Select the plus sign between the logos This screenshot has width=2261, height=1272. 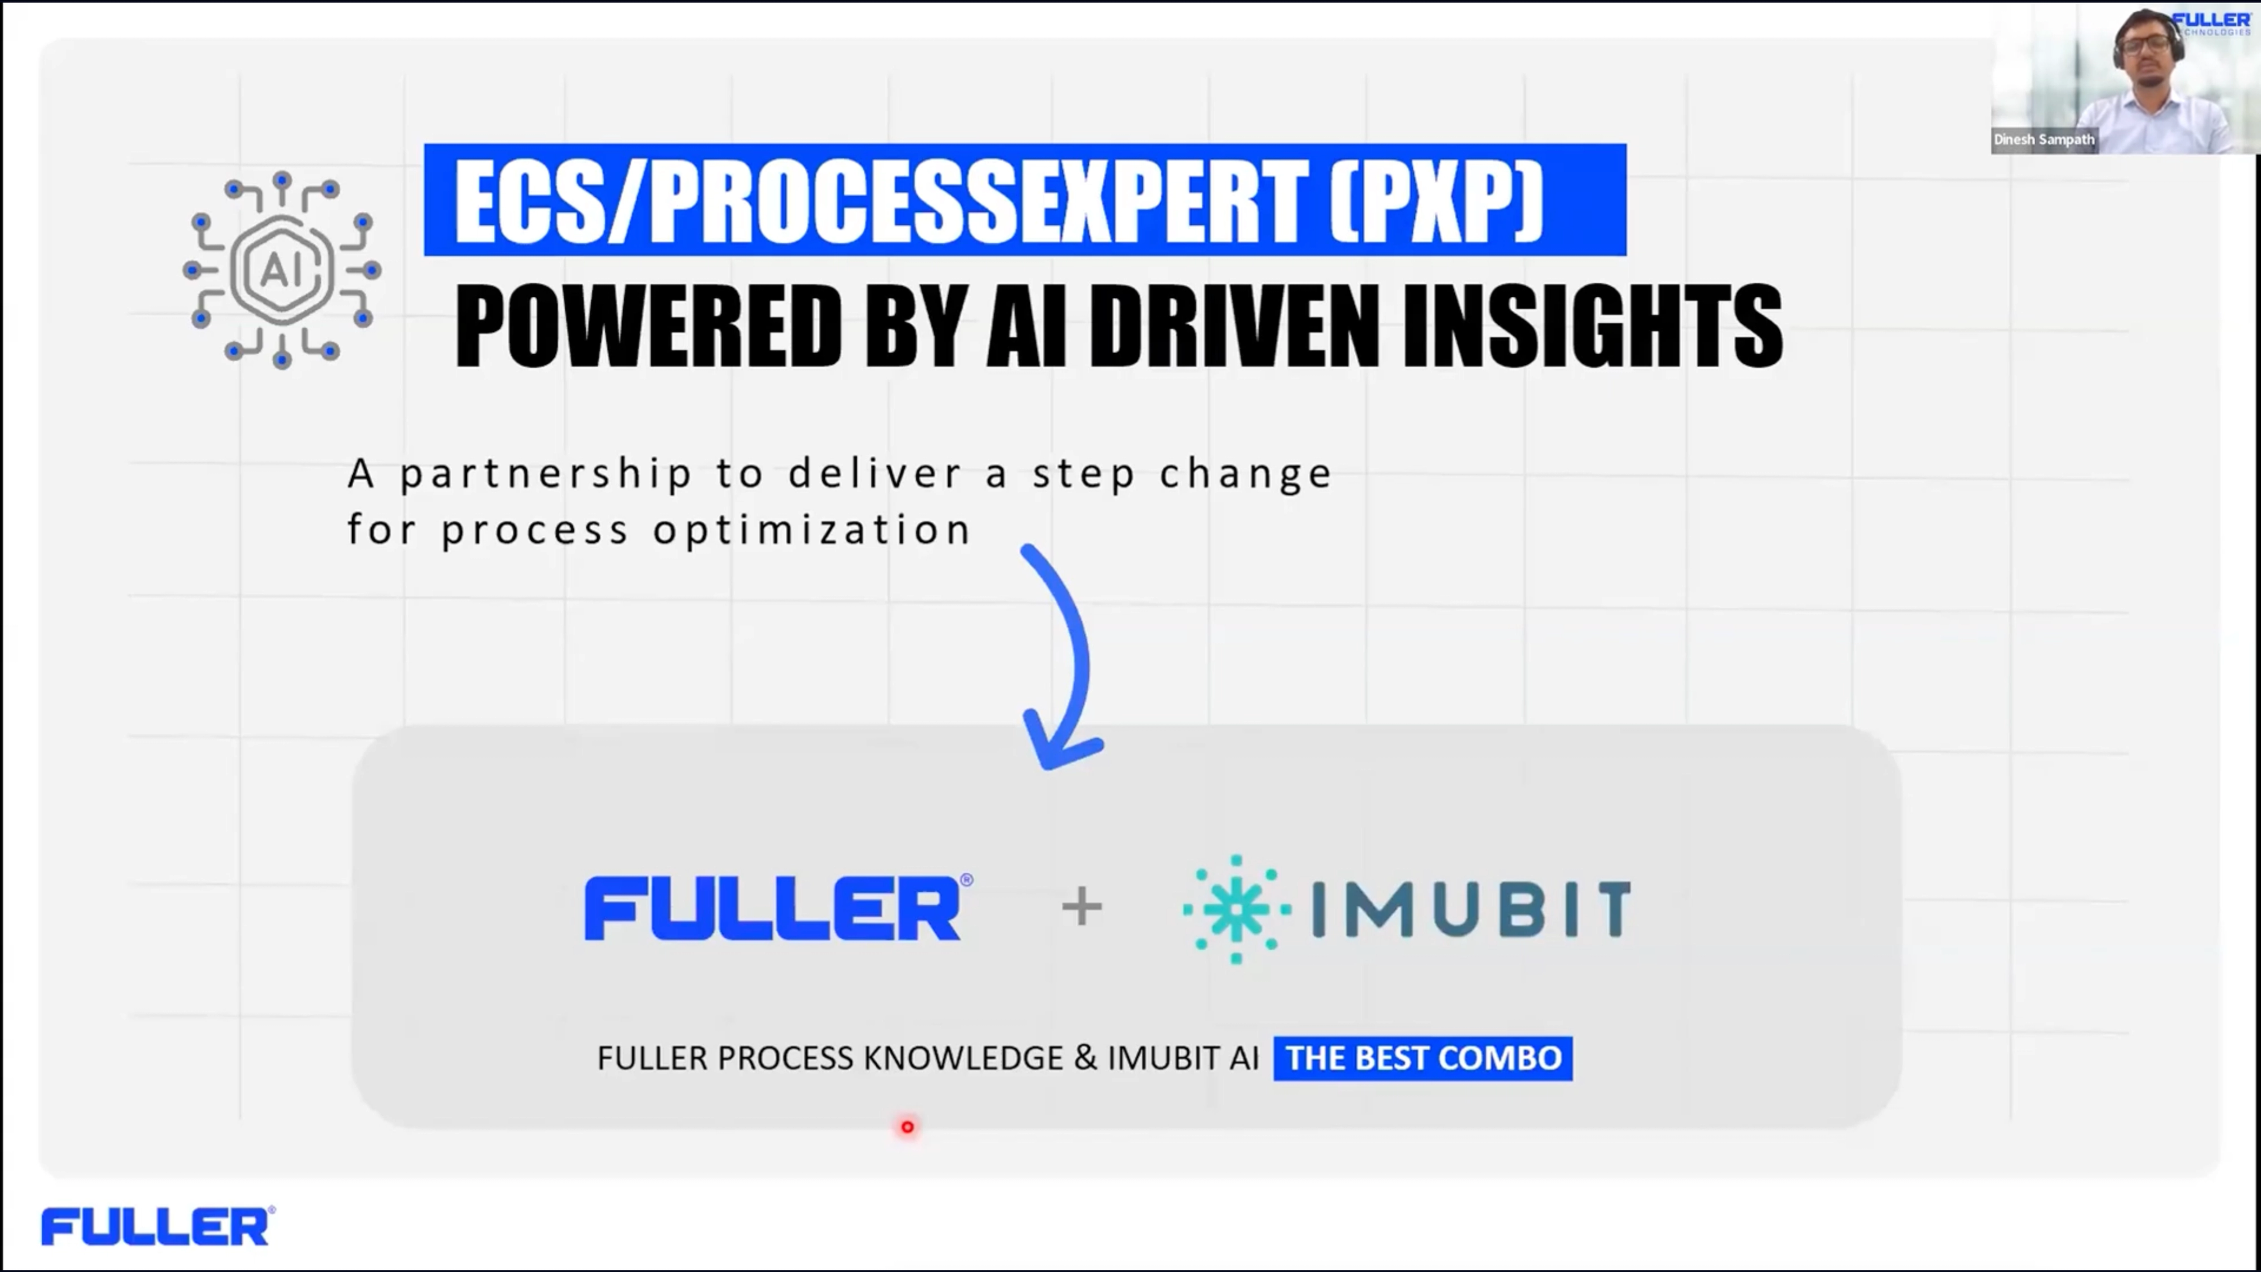pos(1082,907)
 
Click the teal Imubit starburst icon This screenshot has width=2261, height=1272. pos(1236,909)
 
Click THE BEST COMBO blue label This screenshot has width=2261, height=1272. pos(1423,1058)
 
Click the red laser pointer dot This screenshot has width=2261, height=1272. pos(907,1127)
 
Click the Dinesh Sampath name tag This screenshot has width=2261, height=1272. pos(2043,140)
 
